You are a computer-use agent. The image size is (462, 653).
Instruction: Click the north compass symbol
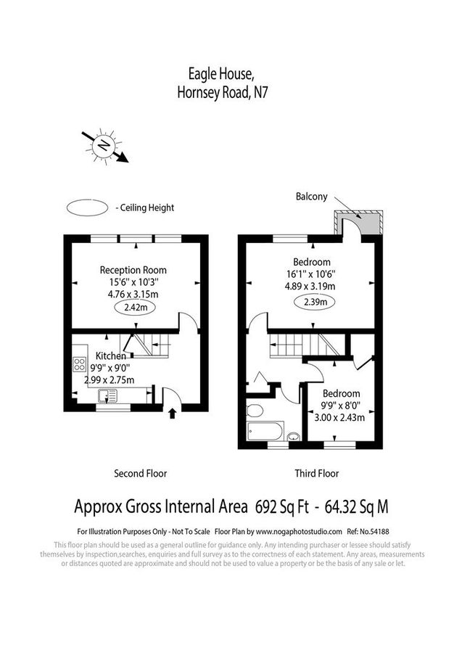click(x=106, y=147)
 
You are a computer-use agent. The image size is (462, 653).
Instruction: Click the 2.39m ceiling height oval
click(x=313, y=302)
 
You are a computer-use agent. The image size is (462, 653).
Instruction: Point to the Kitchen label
click(x=111, y=356)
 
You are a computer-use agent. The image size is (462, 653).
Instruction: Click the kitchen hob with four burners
click(x=79, y=365)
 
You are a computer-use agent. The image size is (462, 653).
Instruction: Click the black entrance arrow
click(x=173, y=414)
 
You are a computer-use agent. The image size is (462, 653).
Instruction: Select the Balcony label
click(x=312, y=197)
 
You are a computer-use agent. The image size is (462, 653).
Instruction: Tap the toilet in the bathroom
click(x=255, y=411)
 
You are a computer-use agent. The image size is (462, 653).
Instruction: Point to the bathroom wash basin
click(x=293, y=436)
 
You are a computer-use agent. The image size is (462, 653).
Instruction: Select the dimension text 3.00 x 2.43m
click(x=337, y=417)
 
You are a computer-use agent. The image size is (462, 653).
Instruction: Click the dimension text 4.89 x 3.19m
click(x=313, y=286)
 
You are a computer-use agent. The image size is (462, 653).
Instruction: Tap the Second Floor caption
click(x=140, y=474)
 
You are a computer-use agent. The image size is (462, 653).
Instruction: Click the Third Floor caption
click(x=316, y=474)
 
